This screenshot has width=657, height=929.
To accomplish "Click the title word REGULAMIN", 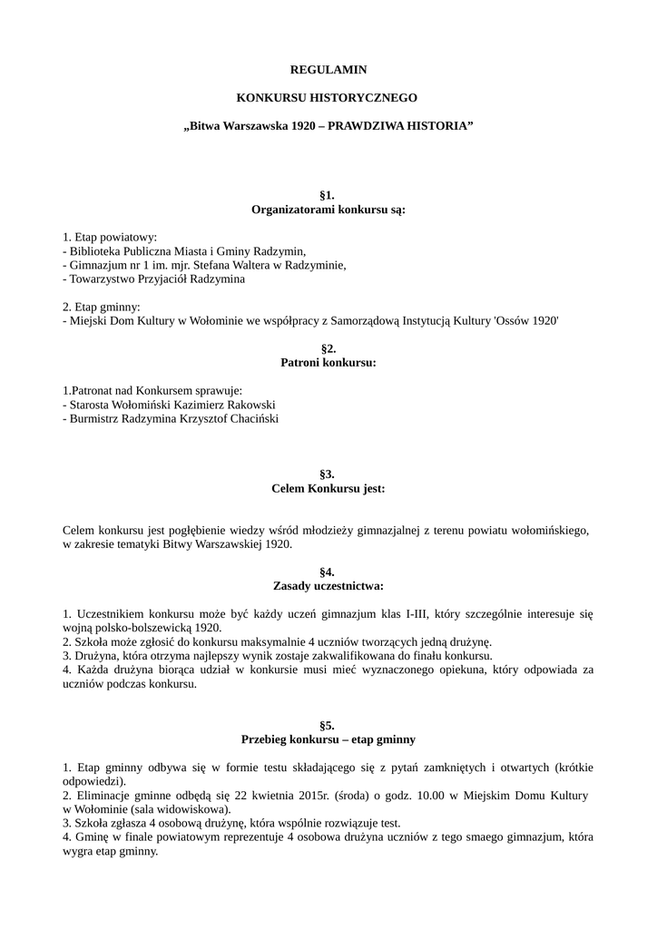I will [328, 69].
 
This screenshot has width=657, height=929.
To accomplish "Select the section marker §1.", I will [328, 196].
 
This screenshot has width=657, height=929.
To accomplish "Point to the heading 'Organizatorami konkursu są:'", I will [328, 210].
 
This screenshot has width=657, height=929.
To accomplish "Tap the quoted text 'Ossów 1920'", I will [531, 320].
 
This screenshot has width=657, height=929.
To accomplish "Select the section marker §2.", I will [328, 348].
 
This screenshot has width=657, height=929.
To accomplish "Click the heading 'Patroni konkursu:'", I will [328, 362].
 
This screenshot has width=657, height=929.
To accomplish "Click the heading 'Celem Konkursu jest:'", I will [328, 488].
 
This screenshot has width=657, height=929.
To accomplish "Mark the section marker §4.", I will [328, 572].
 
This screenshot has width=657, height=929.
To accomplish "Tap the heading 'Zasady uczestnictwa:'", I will [328, 586].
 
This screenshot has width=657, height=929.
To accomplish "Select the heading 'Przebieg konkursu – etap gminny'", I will [328, 738].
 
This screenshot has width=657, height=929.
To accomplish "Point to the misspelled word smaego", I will [443, 838].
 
